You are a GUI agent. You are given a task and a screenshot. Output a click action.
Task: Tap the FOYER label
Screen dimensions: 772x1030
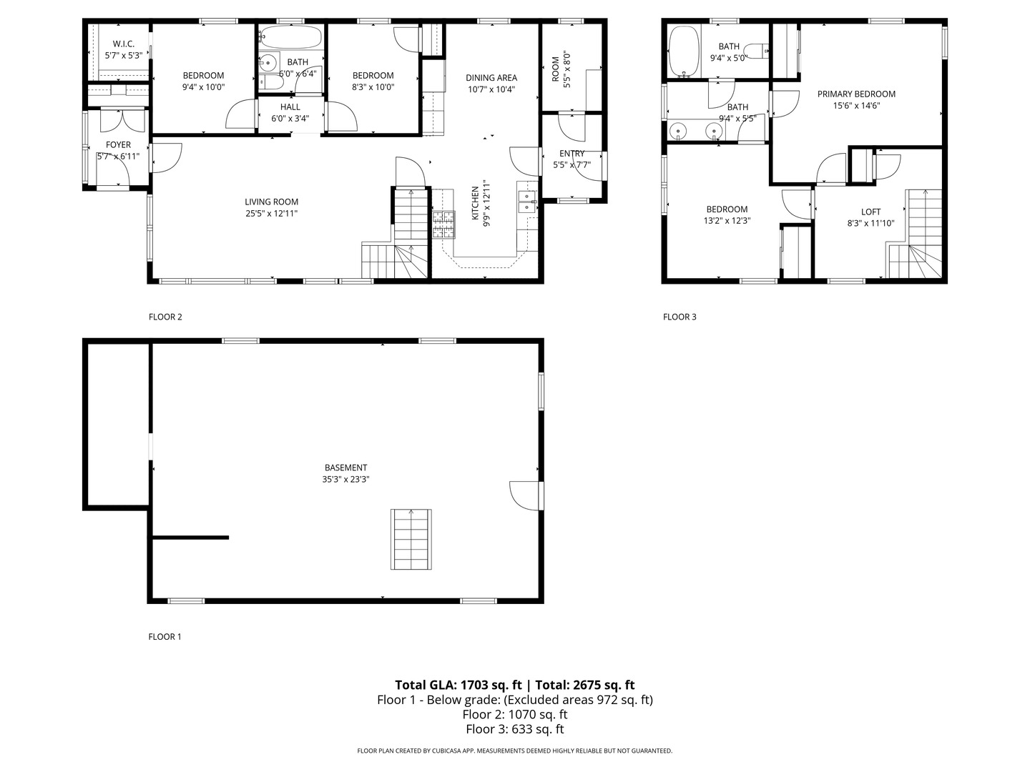click(x=118, y=145)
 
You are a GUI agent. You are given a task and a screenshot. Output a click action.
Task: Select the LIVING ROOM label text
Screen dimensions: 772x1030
click(x=271, y=202)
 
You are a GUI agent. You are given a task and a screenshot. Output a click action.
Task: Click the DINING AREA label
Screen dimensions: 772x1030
click(x=491, y=78)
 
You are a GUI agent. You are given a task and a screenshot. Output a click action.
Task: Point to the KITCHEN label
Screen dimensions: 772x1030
click(x=475, y=202)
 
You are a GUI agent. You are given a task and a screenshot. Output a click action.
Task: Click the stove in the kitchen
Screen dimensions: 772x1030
click(x=443, y=224)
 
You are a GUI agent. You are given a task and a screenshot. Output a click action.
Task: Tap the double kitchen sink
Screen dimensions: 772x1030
click(x=526, y=201)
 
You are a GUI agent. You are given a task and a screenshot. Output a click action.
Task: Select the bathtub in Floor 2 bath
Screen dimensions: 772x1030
click(x=290, y=37)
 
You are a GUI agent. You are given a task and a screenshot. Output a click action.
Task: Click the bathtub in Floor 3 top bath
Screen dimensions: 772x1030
click(x=683, y=51)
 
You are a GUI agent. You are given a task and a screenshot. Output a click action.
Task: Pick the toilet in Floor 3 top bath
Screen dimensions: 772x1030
click(x=757, y=52)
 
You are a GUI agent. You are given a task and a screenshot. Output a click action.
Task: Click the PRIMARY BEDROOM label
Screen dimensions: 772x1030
click(x=856, y=94)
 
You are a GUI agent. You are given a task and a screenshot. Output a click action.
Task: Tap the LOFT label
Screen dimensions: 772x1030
click(x=870, y=212)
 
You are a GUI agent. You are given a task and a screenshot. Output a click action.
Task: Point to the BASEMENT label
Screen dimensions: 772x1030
click(x=345, y=468)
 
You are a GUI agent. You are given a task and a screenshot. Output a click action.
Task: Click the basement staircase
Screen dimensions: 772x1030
click(x=411, y=539)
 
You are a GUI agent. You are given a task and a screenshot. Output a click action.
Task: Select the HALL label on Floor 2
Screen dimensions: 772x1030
click(x=290, y=107)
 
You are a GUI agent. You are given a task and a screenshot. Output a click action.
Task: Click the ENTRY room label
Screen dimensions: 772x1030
click(x=572, y=154)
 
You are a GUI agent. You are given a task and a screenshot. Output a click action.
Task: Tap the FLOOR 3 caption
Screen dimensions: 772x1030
click(x=679, y=317)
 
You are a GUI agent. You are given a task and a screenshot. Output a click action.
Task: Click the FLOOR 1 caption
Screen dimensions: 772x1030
click(x=165, y=636)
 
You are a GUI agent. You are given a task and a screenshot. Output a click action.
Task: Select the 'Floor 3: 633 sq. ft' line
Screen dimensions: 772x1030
click(x=514, y=729)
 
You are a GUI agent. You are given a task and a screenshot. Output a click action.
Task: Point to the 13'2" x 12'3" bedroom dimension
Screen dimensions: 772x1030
click(x=727, y=221)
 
